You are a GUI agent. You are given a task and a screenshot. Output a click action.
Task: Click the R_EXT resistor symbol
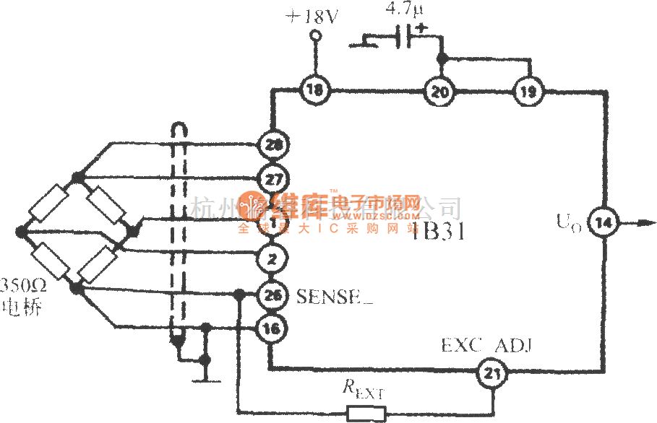coord(367,414)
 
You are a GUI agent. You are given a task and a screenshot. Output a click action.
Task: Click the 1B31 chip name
coord(439,232)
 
